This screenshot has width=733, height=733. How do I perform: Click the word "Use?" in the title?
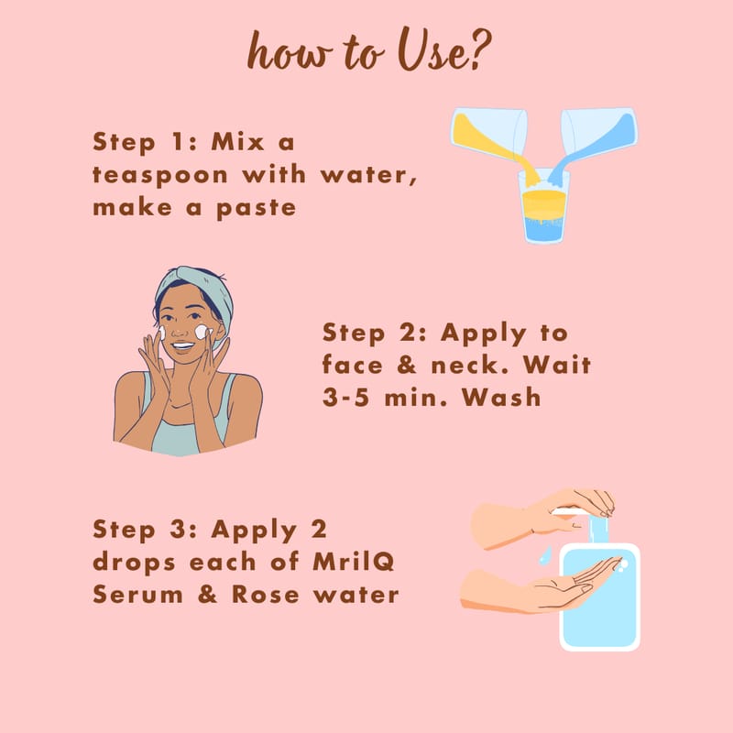point(444,49)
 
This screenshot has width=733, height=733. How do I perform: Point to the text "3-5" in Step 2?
point(345,398)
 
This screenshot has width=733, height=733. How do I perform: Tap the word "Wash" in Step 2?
point(501,398)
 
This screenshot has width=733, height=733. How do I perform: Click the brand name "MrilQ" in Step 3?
point(354,562)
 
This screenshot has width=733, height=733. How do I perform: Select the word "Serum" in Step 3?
point(137,594)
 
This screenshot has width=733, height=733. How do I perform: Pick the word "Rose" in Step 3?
point(265,594)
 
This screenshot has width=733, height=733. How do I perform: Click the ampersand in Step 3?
point(207,594)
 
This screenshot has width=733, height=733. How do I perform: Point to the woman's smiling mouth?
point(181,346)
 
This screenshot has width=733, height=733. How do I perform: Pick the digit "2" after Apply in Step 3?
point(318,530)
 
